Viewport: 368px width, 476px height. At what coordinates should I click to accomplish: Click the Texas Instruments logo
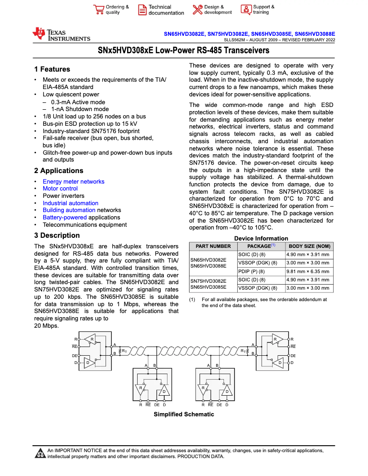[61, 34]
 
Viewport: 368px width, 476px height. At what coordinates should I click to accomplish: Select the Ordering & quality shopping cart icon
[98, 10]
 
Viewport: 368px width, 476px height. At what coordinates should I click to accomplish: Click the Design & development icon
[198, 10]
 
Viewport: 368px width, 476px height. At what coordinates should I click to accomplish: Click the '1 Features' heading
[52, 69]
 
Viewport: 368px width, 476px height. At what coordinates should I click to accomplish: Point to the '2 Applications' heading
[59, 171]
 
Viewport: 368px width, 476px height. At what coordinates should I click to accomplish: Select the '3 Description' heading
[57, 235]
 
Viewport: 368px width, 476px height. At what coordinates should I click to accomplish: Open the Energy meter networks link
[73, 182]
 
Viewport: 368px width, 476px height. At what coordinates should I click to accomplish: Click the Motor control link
[60, 189]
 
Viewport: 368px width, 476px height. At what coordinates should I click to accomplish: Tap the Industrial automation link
[70, 203]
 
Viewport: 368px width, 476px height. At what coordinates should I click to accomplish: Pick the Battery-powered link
[65, 218]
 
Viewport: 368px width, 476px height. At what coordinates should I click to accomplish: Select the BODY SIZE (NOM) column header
[309, 246]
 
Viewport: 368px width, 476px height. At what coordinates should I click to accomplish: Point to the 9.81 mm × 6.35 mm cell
[308, 271]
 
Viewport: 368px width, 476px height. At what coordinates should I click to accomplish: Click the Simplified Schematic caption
[184, 414]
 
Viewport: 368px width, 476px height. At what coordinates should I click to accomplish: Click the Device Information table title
[261, 238]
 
